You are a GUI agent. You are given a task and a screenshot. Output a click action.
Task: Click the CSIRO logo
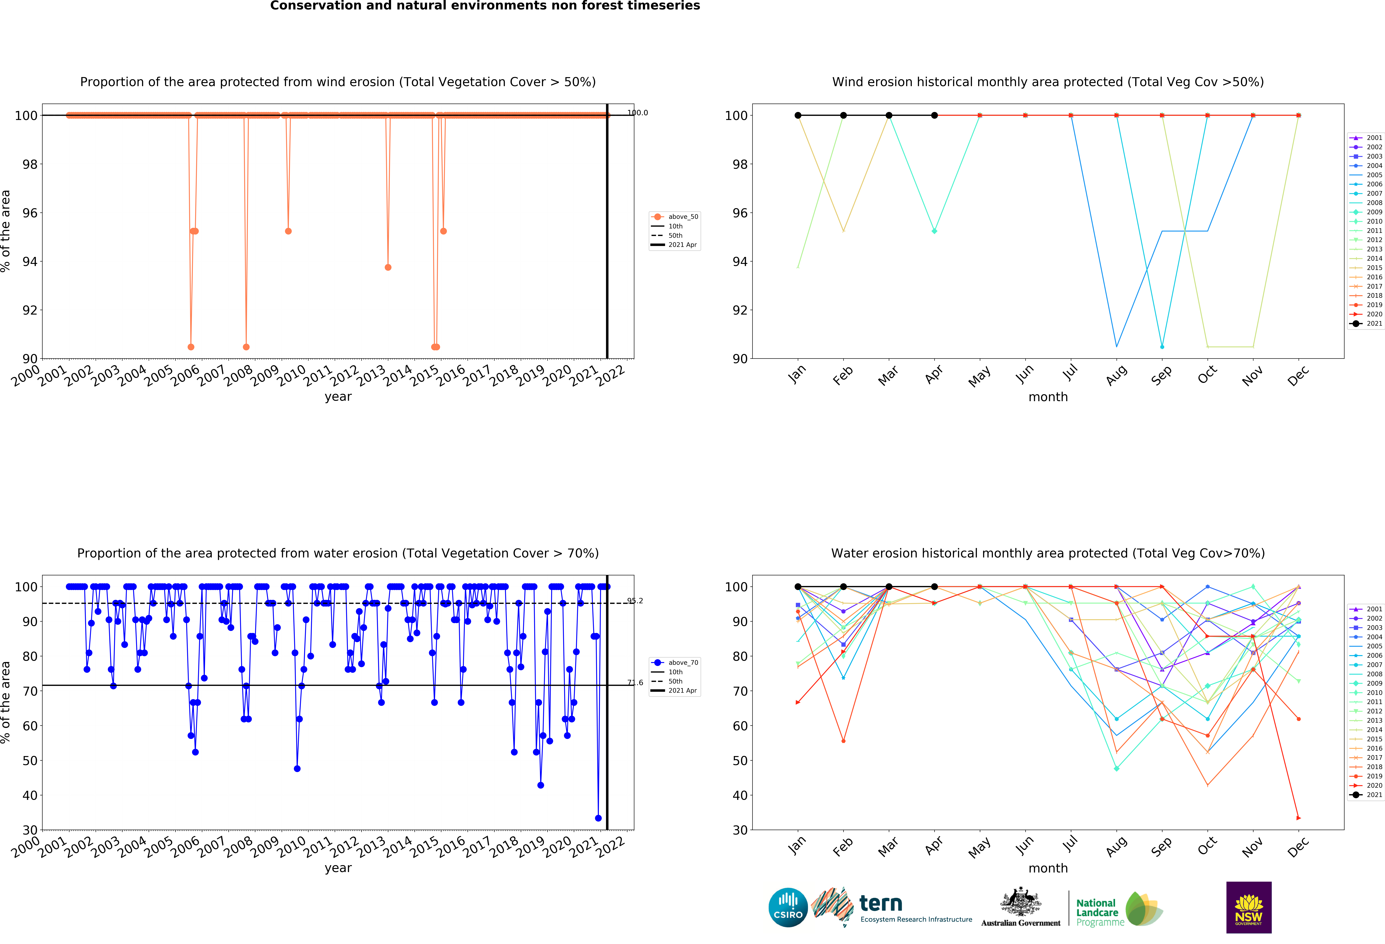click(x=788, y=907)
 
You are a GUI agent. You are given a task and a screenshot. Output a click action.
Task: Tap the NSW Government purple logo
click(x=1248, y=907)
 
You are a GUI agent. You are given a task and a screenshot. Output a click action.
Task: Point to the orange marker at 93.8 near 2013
click(x=388, y=267)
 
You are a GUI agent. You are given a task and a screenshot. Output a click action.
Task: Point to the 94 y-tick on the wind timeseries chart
click(x=30, y=262)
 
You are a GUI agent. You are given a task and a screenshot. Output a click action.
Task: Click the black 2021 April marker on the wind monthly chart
click(x=934, y=116)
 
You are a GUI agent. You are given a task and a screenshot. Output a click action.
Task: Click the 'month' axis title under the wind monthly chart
click(x=1048, y=397)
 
